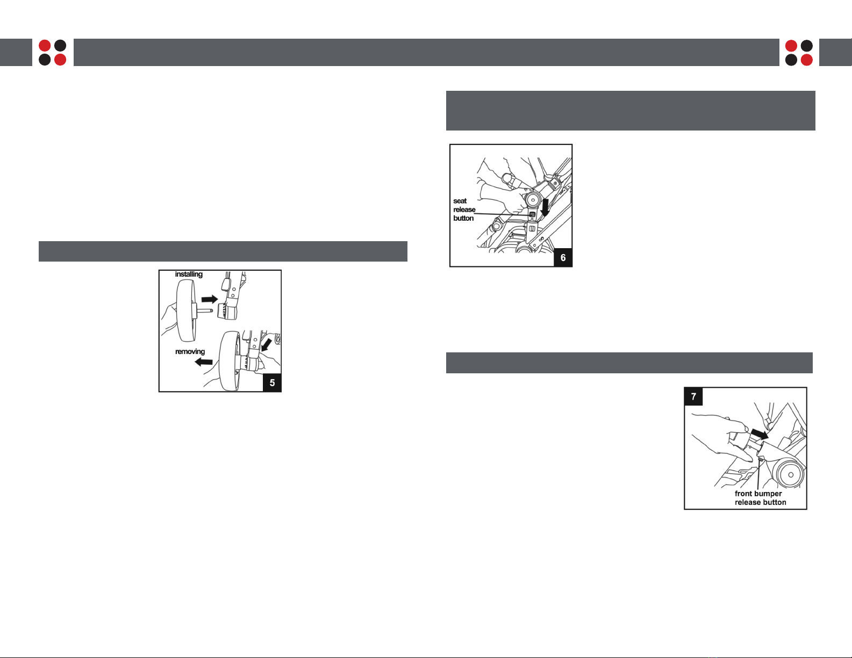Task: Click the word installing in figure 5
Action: click(x=189, y=274)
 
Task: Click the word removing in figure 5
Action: click(x=190, y=352)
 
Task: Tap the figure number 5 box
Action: click(x=272, y=382)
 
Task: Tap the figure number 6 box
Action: click(x=563, y=257)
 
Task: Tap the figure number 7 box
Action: click(x=693, y=396)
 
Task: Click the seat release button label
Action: click(x=464, y=209)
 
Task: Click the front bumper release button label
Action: click(x=760, y=498)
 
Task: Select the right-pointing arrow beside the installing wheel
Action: click(x=210, y=299)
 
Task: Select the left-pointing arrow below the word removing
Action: click(x=204, y=362)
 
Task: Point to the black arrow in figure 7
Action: click(x=760, y=434)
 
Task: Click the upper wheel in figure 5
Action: click(x=186, y=311)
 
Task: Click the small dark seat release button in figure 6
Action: click(x=532, y=215)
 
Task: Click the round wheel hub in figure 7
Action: click(x=790, y=474)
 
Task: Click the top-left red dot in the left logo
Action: click(x=45, y=46)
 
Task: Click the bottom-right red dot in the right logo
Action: click(x=806, y=60)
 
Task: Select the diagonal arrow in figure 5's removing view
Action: click(x=267, y=345)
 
